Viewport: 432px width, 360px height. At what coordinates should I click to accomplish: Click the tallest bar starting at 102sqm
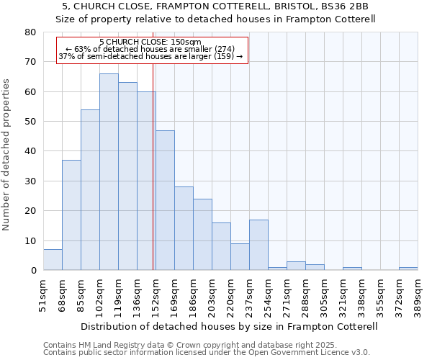point(109,172)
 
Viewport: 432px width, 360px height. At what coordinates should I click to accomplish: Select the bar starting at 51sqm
point(53,260)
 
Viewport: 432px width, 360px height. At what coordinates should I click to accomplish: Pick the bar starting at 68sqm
point(71,215)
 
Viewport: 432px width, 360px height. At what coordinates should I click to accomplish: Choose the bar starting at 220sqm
point(240,257)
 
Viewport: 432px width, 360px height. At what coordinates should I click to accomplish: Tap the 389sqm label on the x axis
point(418,297)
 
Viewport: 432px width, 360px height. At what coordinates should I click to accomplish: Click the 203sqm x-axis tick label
point(212,297)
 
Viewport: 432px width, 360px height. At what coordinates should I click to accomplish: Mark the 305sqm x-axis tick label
point(324,297)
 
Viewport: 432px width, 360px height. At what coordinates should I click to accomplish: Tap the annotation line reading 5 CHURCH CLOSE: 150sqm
point(150,42)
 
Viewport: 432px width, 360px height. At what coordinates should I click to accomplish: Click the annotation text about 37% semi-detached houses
point(150,56)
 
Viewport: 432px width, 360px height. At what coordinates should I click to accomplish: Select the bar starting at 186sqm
point(202,235)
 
